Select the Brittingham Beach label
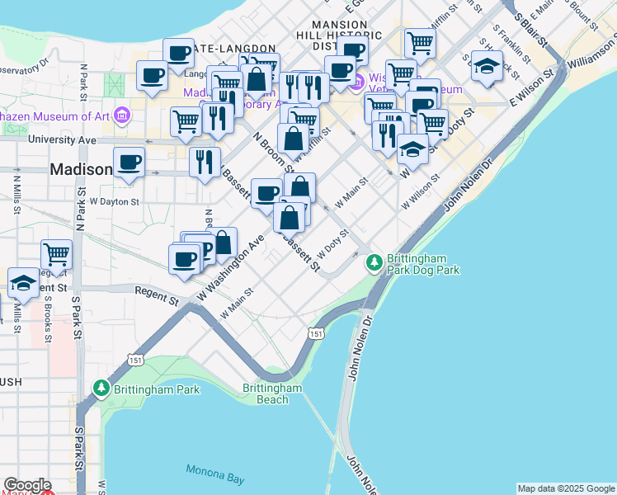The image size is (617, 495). (x=272, y=394)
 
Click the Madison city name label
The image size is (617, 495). (x=81, y=169)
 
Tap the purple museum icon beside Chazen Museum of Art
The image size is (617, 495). (x=122, y=113)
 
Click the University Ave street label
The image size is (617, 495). (x=62, y=140)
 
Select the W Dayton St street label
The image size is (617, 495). (x=115, y=200)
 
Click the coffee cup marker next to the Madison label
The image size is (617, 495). (x=129, y=162)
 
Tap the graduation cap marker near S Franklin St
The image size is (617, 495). (x=487, y=66)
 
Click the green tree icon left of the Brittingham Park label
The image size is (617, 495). (x=102, y=388)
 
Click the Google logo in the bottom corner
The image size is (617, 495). (x=27, y=485)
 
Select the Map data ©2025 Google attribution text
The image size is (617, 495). (x=565, y=488)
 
